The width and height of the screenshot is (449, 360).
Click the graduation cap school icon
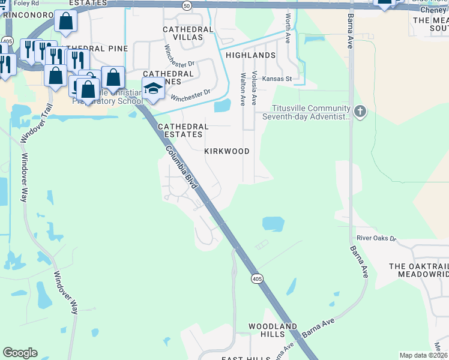coord(152,88)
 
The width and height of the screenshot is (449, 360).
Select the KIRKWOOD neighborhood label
coord(227,151)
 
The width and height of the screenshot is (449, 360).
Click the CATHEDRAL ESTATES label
coord(183,130)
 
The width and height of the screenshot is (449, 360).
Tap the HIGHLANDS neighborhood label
coord(250,55)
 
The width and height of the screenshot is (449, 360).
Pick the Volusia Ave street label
coord(255,88)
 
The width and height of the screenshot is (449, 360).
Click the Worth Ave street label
coord(288,26)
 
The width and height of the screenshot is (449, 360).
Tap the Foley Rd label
coord(26,3)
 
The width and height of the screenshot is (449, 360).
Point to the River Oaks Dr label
coord(376,238)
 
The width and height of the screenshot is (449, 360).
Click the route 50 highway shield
coord(187,5)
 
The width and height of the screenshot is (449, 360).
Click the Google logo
coord(20,353)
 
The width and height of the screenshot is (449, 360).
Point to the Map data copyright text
coord(423,355)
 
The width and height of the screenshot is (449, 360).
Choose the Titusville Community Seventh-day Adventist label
coord(311,112)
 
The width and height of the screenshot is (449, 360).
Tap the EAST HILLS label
coord(246,358)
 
